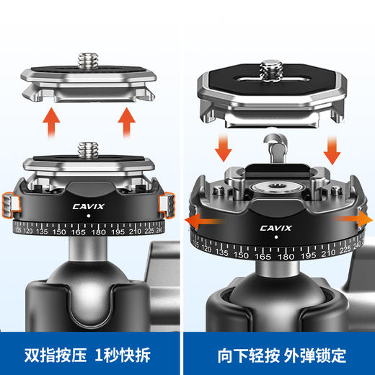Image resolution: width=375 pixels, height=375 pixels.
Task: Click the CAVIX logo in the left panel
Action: (x=88, y=203)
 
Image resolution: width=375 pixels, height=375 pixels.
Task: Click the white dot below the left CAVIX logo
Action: (x=88, y=215)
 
